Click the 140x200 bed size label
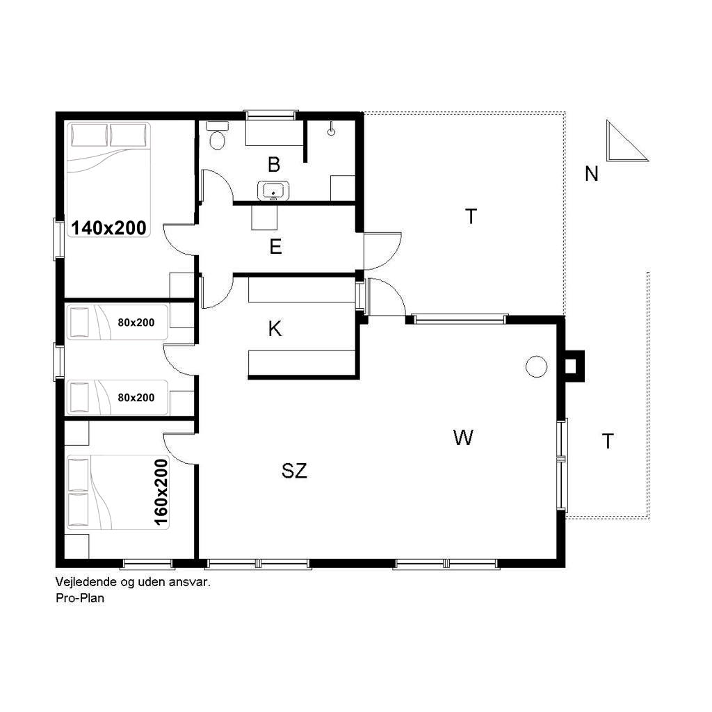[x=109, y=228]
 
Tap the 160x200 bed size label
[x=161, y=492]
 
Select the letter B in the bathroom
[x=274, y=165]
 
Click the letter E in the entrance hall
[x=275, y=247]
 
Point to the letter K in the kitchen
[x=275, y=329]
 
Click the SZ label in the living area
[x=294, y=471]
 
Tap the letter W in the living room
[x=463, y=438]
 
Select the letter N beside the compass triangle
[x=592, y=174]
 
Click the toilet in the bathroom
[x=218, y=136]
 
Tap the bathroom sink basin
[x=273, y=191]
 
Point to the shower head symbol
[x=332, y=129]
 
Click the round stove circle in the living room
[x=536, y=366]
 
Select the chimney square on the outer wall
[x=572, y=366]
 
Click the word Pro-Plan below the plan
[x=80, y=598]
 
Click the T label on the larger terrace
[x=471, y=217]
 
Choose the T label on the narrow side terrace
[x=608, y=442]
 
